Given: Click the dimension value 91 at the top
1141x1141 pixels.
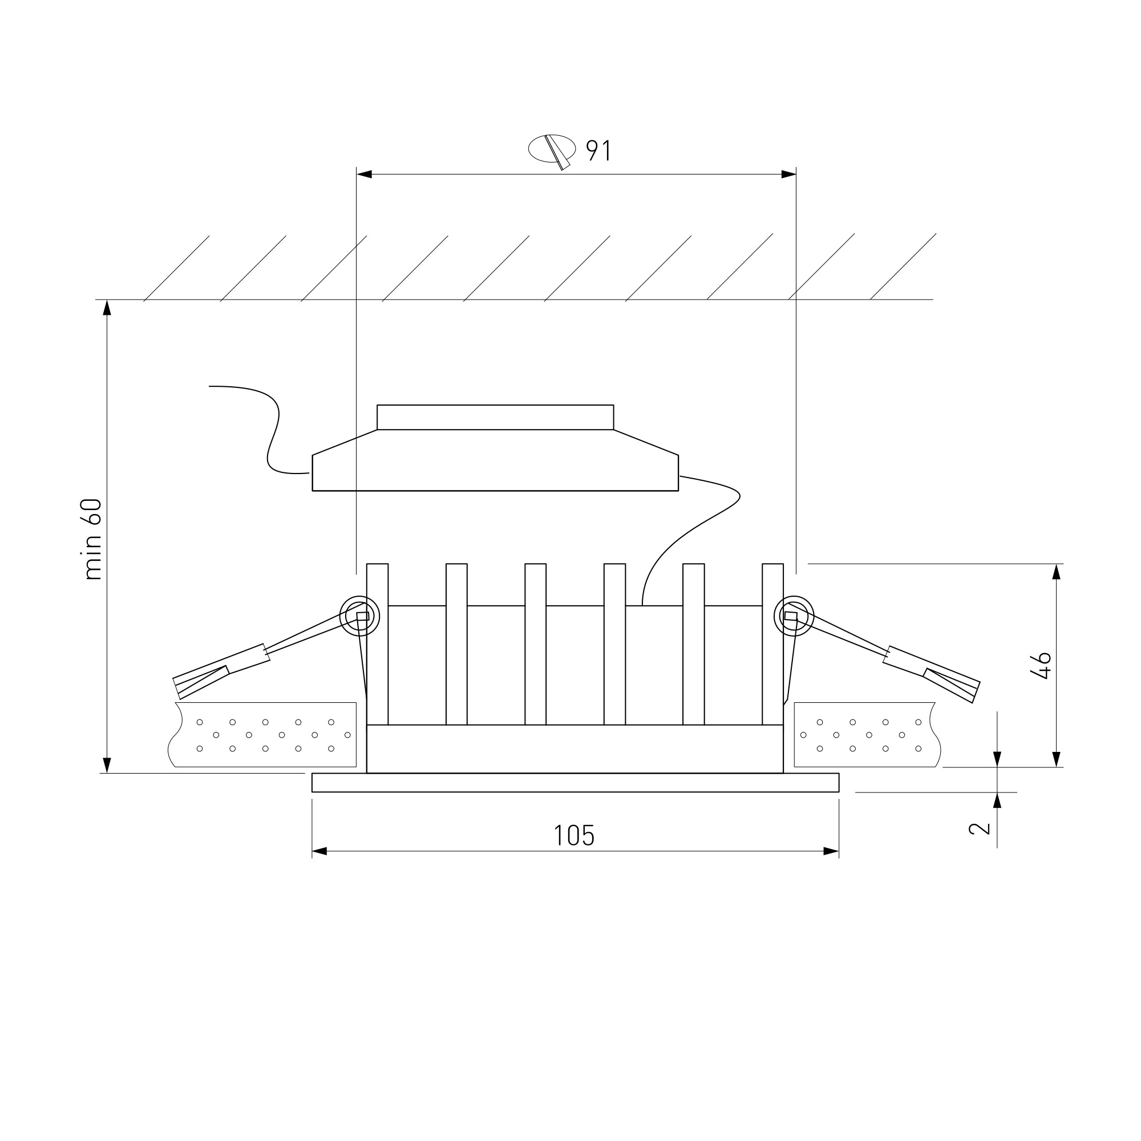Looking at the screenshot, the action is (598, 151).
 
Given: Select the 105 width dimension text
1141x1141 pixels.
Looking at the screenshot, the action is (574, 836).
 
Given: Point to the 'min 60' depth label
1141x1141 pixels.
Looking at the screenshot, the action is (94, 539).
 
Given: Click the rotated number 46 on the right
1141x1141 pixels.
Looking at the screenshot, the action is (1043, 666).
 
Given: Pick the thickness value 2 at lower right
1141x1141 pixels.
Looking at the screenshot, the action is (979, 828).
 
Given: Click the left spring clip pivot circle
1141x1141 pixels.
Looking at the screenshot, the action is (359, 616).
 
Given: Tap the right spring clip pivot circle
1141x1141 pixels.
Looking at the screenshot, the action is (794, 616).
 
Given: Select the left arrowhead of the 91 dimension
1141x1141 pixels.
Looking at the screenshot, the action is (365, 174).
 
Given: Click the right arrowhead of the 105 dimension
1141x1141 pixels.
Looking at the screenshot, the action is (831, 851).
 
